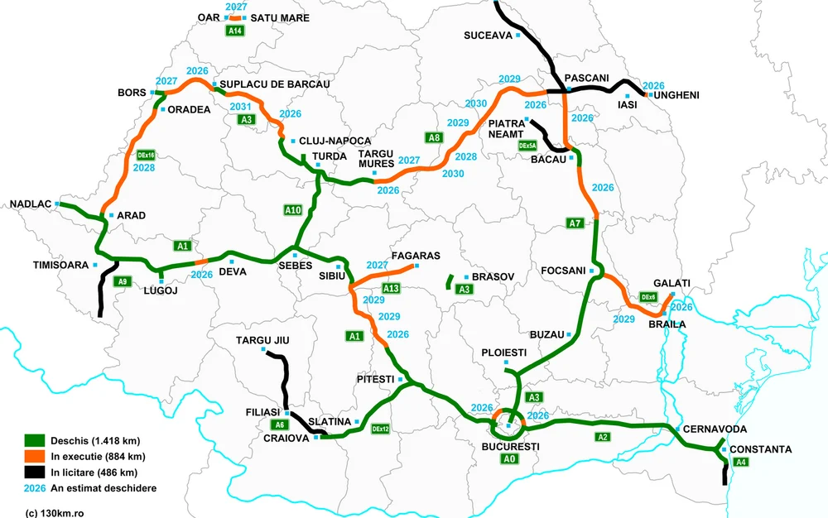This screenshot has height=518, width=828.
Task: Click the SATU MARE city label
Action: click(x=273, y=17)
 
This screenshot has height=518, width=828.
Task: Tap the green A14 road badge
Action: click(x=236, y=31)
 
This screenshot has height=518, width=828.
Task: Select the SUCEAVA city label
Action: click(x=489, y=36)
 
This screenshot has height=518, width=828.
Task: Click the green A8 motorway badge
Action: click(x=434, y=138)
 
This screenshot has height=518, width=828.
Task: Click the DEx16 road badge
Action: click(x=147, y=155)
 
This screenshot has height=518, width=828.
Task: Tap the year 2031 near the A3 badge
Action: click(x=240, y=108)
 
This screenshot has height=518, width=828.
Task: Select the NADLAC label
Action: click(x=31, y=204)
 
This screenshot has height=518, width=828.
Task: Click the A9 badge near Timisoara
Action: click(x=122, y=281)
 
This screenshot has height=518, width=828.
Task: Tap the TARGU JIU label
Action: click(x=263, y=340)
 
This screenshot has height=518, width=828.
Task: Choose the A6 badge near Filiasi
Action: click(x=280, y=424)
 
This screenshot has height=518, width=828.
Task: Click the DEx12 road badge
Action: click(x=381, y=429)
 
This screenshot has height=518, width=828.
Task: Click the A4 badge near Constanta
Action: click(x=743, y=463)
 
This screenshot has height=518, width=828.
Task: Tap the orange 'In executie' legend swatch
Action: click(x=34, y=456)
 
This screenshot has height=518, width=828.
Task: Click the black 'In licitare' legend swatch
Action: click(x=34, y=472)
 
